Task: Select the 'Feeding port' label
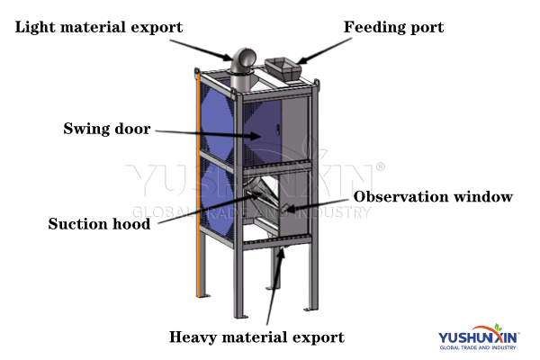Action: coord(393,28)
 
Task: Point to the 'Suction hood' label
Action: coord(99,223)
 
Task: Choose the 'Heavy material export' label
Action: coord(256,337)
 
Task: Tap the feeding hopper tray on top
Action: coord(282,66)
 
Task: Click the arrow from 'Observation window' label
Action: coord(319,202)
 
